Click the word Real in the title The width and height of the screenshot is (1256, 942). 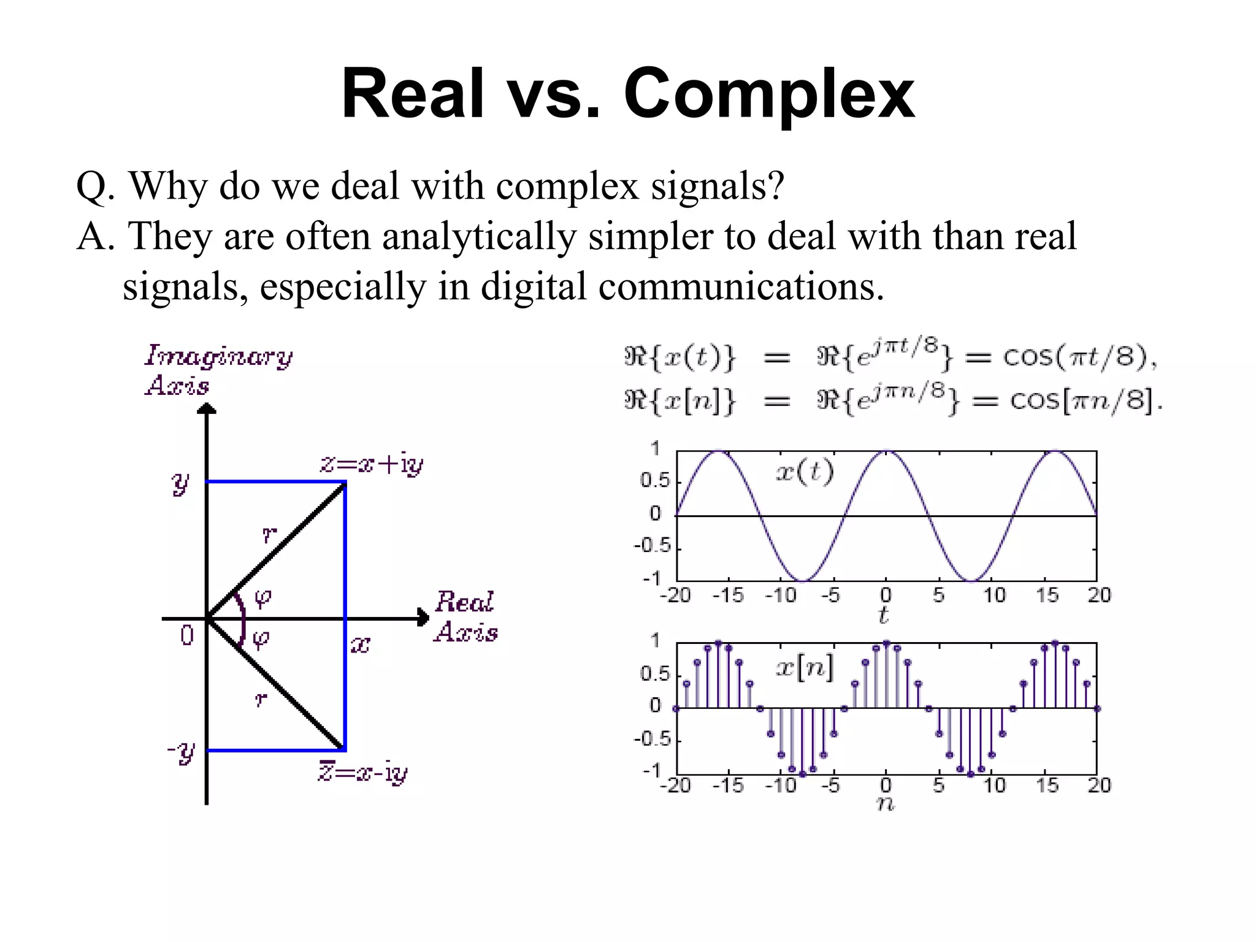(412, 94)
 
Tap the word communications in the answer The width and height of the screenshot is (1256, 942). (741, 286)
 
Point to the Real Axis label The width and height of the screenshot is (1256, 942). (465, 616)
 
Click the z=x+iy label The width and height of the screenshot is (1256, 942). (372, 464)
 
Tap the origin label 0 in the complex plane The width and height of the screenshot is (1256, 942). (187, 635)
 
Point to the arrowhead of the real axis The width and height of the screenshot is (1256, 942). (423, 618)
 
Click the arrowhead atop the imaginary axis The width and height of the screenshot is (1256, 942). (207, 408)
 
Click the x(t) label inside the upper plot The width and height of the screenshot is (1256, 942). (805, 472)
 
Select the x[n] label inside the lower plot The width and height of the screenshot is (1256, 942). (805, 667)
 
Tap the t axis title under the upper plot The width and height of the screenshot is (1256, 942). (884, 615)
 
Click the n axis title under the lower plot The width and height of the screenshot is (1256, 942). (886, 804)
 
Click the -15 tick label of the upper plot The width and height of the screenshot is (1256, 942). (728, 595)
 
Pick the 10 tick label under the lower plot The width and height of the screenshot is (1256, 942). (994, 785)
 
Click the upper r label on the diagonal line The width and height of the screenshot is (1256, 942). (269, 535)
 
